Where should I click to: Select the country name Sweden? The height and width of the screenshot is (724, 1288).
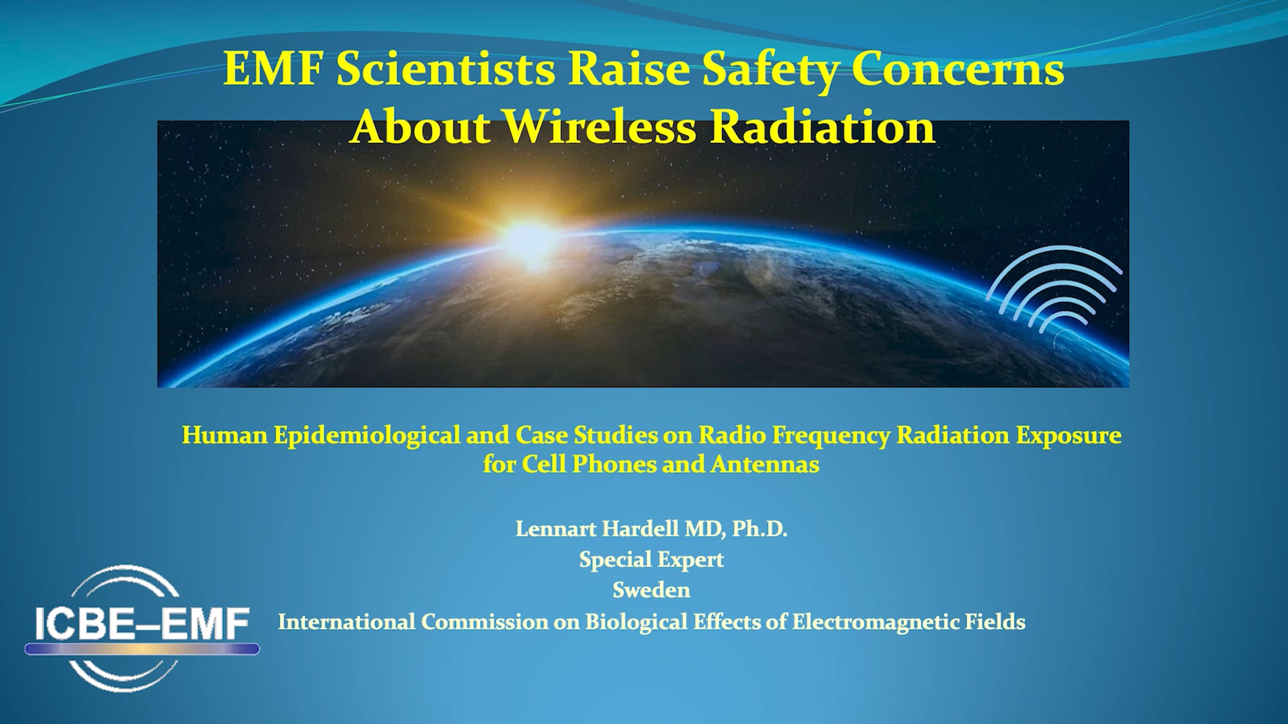click(652, 590)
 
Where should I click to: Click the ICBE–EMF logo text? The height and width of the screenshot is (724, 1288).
click(142, 623)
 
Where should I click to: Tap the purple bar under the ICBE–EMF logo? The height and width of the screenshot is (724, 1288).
click(142, 649)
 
